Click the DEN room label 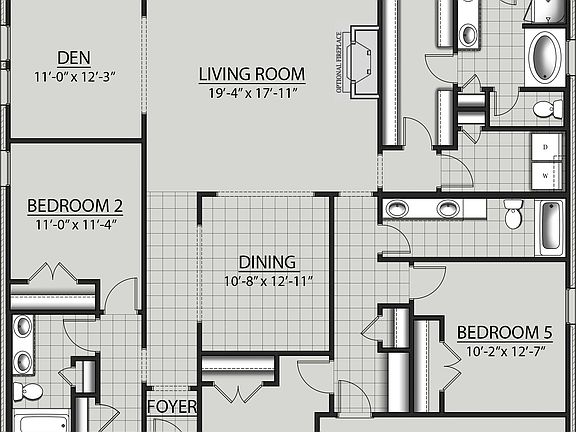click(x=74, y=57)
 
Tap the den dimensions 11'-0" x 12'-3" click(x=74, y=75)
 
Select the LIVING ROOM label click(x=251, y=74)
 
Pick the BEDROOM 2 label click(x=75, y=207)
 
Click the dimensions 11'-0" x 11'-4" click(x=75, y=225)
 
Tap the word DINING click(x=266, y=263)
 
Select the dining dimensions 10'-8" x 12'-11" click(x=266, y=282)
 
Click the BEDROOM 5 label click(x=504, y=333)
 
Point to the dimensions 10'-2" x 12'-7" click(x=504, y=352)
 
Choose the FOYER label click(x=171, y=408)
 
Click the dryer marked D click(x=546, y=146)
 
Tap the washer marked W click(x=546, y=175)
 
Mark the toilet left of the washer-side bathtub click(x=514, y=213)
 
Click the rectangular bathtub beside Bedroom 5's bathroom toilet click(x=552, y=226)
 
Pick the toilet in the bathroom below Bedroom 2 click(x=30, y=391)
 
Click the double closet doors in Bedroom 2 click(x=53, y=273)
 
